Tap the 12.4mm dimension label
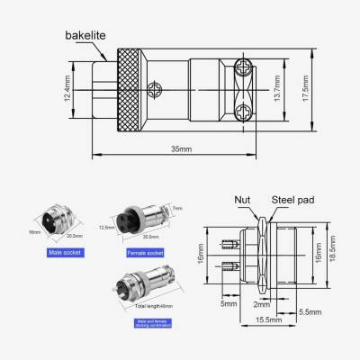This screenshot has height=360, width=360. [x=70, y=88]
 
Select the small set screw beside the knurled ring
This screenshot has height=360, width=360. [x=159, y=87]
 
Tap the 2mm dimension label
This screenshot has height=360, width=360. [x=262, y=304]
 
